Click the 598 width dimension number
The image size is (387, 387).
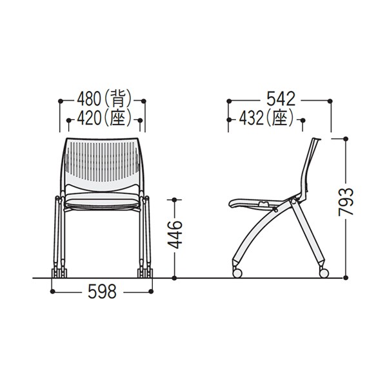(x=102, y=292)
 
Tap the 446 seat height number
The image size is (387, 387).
(x=175, y=235)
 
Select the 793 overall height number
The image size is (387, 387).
(x=346, y=202)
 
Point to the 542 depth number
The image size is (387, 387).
(x=281, y=99)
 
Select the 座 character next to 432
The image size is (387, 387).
(x=280, y=119)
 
